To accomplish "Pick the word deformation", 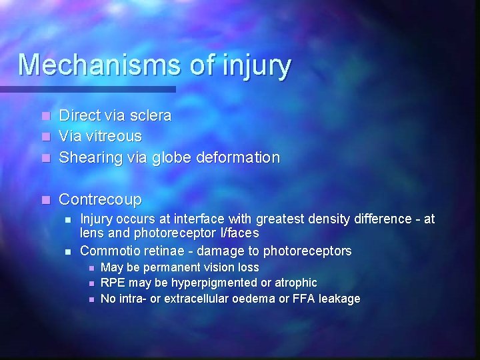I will point(237,158).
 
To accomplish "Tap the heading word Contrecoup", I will point(100,199).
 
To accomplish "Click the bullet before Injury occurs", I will point(67,219).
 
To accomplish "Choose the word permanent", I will point(166,267).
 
